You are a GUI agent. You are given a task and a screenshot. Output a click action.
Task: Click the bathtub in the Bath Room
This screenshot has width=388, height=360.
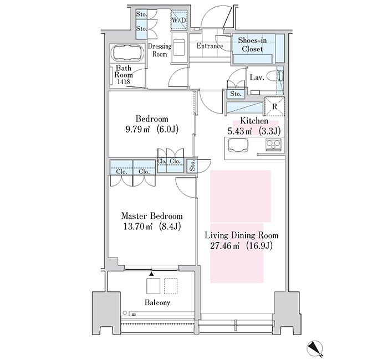click(127, 53)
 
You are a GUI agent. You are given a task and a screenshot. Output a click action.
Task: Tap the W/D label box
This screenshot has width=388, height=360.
click(179, 19)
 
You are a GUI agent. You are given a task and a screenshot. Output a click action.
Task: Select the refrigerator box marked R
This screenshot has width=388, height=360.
click(275, 106)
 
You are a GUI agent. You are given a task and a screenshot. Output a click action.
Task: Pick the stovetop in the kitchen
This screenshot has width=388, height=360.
click(273, 145)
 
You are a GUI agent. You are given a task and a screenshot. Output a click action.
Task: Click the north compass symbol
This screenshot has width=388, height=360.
click(315, 348)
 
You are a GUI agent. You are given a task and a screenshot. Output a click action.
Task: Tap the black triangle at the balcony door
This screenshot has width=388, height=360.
click(151, 274)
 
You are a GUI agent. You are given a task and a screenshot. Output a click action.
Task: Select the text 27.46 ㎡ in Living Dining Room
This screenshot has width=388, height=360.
click(224, 246)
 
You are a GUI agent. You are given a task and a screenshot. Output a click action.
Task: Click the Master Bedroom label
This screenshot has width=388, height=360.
click(152, 216)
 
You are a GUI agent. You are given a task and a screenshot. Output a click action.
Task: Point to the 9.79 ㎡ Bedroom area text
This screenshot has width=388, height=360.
click(138, 129)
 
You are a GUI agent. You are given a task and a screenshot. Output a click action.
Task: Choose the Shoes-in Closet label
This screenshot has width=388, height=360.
click(252, 44)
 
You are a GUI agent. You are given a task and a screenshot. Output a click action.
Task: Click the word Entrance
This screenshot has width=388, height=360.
click(210, 46)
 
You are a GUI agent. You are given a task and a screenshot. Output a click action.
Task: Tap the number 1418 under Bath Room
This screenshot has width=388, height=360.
click(124, 81)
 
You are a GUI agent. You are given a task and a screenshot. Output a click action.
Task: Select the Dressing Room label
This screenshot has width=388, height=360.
click(160, 50)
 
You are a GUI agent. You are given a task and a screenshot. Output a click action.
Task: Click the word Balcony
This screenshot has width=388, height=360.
click(157, 302)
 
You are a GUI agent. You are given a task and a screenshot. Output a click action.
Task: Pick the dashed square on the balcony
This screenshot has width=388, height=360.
click(171, 286)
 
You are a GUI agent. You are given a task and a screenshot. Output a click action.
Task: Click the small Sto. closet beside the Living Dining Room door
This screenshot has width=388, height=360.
click(192, 166)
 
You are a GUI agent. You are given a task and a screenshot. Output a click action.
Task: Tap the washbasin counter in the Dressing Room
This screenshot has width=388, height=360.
click(179, 48)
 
